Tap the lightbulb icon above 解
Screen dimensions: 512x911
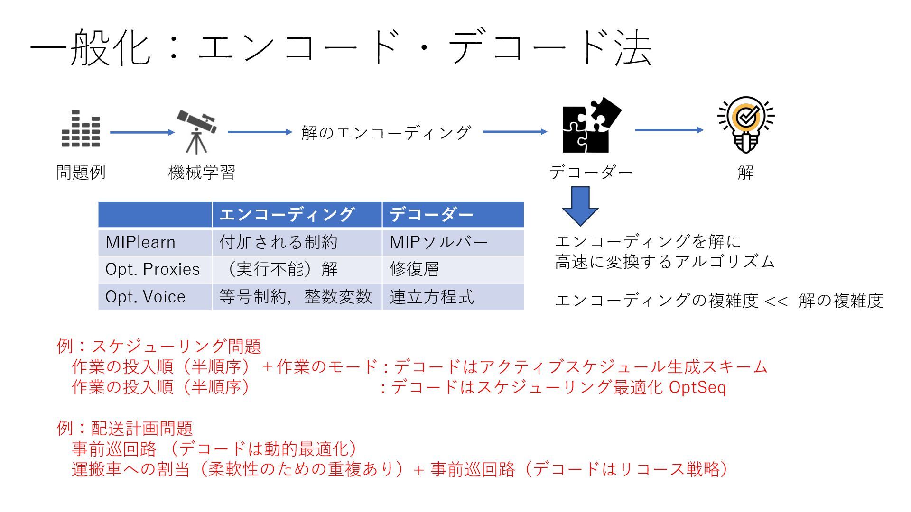coord(746,125)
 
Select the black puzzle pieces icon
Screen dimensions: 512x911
coord(591,126)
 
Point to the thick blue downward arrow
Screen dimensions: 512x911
coord(580,206)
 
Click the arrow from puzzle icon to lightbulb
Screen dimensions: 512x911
coord(669,130)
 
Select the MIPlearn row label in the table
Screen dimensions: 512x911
coord(140,242)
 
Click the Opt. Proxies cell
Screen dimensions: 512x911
coord(152,269)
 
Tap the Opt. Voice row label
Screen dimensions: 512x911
coord(145,297)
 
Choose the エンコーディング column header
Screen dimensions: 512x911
coord(287,215)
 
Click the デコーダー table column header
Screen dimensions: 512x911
coord(431,215)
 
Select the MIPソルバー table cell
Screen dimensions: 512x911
coord(438,242)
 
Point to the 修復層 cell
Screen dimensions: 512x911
coord(414,269)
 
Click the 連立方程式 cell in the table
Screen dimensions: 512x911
coord(431,297)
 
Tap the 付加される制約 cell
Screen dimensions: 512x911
coord(278,242)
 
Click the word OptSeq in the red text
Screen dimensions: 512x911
coord(697,387)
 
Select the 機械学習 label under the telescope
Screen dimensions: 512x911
coord(202,172)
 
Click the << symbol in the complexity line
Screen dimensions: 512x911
coord(776,301)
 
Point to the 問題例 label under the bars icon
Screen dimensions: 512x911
coord(81,172)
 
